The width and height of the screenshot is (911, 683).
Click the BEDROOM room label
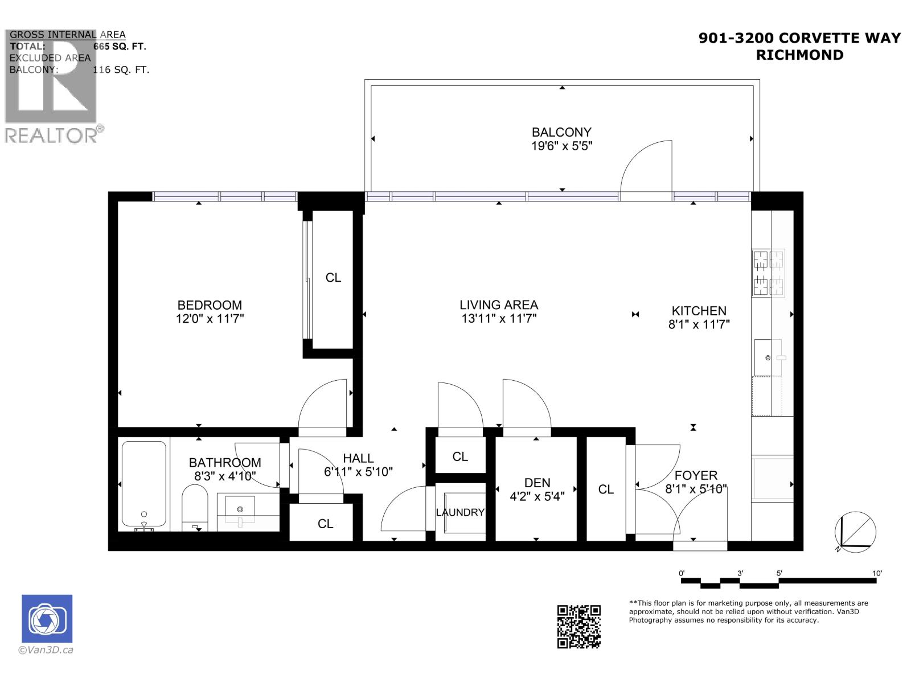click(x=210, y=305)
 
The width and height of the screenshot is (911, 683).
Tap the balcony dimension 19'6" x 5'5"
click(x=561, y=146)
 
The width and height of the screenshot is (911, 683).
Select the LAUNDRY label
click(x=460, y=512)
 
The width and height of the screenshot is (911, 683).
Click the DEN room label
click(x=537, y=483)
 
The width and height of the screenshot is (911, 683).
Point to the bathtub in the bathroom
click(x=143, y=484)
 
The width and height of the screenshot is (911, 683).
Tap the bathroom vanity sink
click(x=240, y=509)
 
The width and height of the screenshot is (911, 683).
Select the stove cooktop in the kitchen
click(x=768, y=273)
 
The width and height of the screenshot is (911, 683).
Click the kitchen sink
click(x=768, y=357)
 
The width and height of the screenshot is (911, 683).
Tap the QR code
click(x=578, y=627)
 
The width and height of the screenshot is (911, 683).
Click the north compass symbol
click(x=855, y=532)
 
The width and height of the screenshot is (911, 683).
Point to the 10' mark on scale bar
click(x=877, y=573)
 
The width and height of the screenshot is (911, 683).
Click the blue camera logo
click(x=47, y=619)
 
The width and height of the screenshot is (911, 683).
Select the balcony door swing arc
click(x=646, y=168)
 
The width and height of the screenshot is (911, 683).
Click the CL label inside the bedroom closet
click(x=333, y=278)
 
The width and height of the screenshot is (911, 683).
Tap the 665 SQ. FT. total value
click(x=120, y=47)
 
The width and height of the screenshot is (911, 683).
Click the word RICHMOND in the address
click(x=799, y=55)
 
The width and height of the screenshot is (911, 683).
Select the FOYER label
click(x=696, y=475)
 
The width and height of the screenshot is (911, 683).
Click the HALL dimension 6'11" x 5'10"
click(x=358, y=472)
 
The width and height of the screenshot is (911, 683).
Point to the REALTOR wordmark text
click(x=51, y=135)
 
